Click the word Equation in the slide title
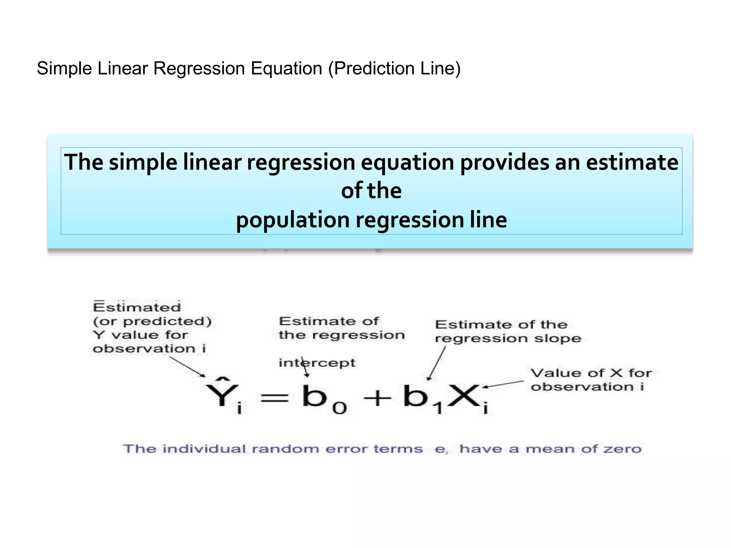click(x=286, y=68)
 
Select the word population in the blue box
click(x=293, y=220)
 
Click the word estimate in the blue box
click(x=632, y=162)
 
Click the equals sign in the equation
click(x=274, y=398)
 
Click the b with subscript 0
click(x=315, y=396)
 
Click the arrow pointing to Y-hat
click(x=187, y=367)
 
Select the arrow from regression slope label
click(x=437, y=364)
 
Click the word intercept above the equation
click(x=317, y=363)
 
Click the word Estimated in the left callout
click(x=137, y=307)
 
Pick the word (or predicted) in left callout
click(x=152, y=321)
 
